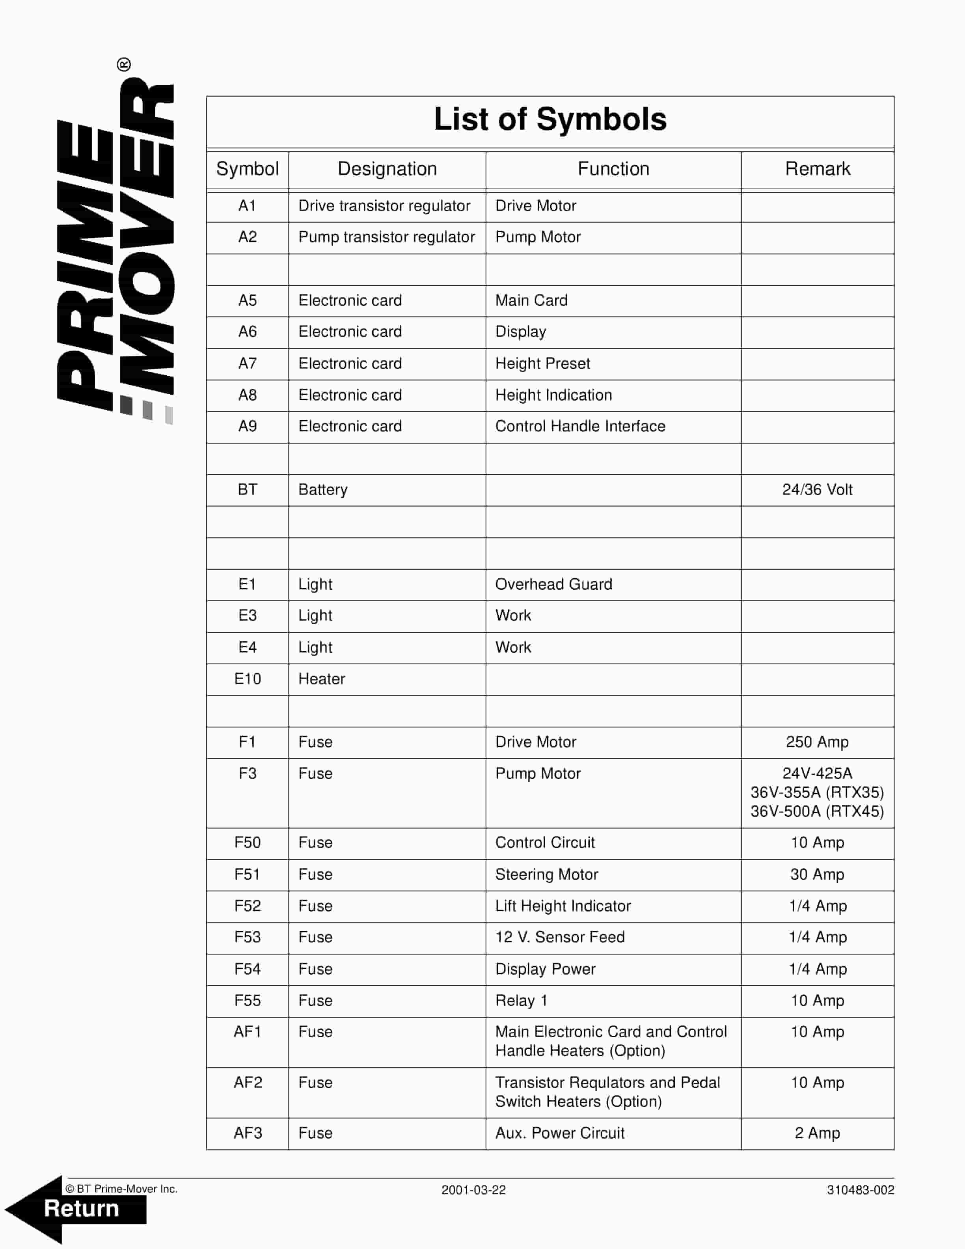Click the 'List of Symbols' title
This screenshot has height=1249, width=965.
(x=550, y=119)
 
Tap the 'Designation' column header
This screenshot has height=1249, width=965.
(x=387, y=169)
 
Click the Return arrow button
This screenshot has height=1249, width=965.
(x=77, y=1208)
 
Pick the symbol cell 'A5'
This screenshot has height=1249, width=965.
(x=247, y=300)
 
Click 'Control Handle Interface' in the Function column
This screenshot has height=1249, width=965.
(x=580, y=426)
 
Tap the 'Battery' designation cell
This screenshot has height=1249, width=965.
(x=323, y=490)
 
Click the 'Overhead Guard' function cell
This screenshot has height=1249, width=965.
(x=553, y=584)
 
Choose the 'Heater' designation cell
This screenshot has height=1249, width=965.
(x=322, y=679)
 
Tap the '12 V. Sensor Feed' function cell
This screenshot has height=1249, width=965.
(x=560, y=937)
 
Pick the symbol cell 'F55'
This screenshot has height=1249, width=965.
(x=247, y=1001)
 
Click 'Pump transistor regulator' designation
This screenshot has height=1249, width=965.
(x=386, y=237)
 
